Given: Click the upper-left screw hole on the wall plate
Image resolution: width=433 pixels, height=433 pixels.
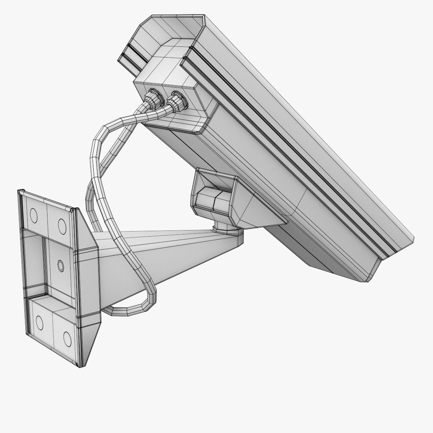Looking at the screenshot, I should coord(34,216).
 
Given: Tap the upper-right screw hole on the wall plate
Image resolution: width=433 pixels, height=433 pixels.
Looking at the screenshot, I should coord(62,226).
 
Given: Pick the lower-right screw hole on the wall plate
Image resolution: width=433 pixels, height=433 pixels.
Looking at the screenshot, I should coord(67,339).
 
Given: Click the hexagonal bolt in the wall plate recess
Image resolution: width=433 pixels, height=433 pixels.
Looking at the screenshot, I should coord(60,265).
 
